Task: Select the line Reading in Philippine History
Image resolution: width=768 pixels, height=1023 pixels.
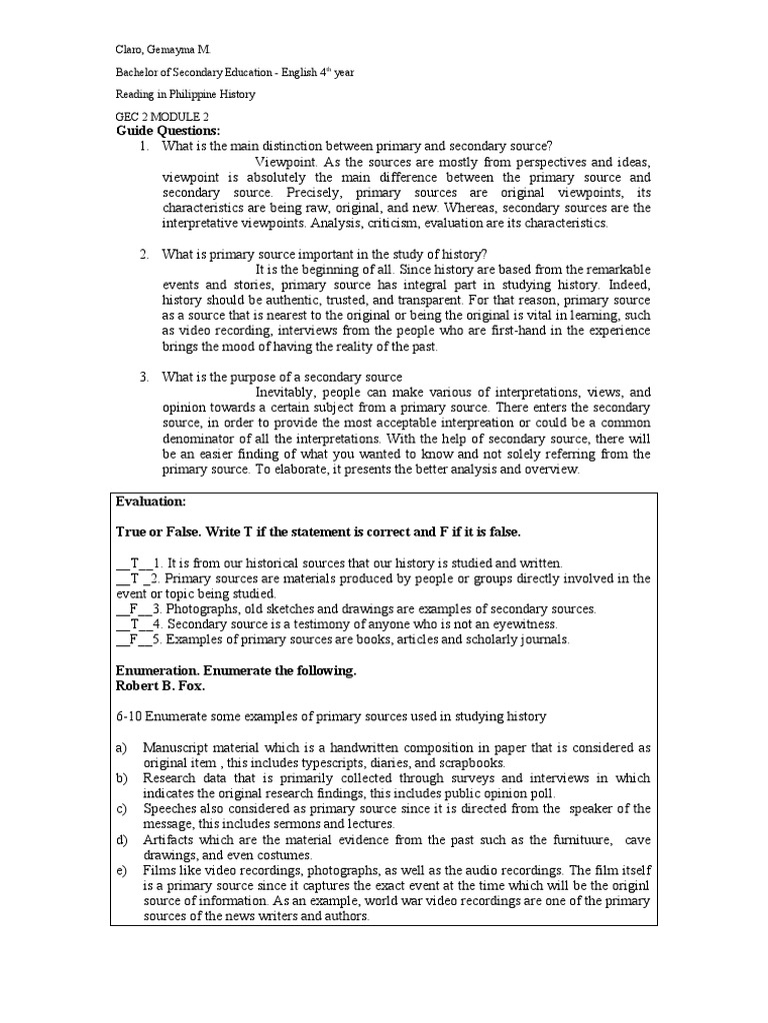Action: click(185, 94)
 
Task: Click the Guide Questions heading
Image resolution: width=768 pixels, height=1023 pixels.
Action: click(167, 131)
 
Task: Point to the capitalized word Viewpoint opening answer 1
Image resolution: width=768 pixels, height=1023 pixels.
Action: click(286, 162)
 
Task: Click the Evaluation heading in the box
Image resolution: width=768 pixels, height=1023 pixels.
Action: click(151, 502)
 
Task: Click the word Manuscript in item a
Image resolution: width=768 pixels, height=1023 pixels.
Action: click(175, 747)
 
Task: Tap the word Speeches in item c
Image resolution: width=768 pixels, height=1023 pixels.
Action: click(169, 808)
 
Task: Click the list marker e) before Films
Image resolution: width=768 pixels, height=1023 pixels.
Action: click(121, 870)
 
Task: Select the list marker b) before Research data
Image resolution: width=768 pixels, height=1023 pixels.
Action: click(121, 778)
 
